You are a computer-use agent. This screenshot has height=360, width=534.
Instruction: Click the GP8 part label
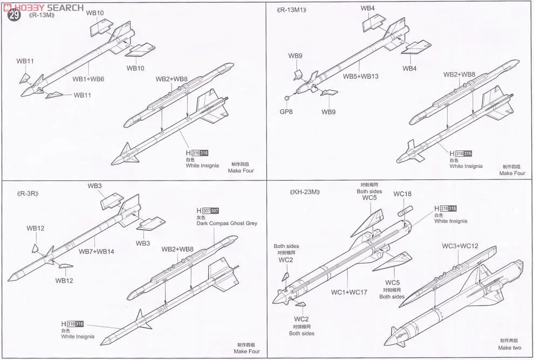[286, 112]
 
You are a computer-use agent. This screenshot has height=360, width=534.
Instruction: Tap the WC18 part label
[402, 194]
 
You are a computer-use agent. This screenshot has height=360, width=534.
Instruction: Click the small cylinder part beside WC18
[405, 210]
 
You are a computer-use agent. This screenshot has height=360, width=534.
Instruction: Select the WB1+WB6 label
[88, 79]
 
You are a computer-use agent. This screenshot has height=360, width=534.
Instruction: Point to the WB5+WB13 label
[361, 76]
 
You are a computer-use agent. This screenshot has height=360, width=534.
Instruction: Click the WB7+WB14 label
[96, 251]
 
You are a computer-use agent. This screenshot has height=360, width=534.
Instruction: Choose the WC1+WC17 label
[349, 292]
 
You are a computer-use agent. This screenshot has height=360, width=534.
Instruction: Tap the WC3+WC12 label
[460, 246]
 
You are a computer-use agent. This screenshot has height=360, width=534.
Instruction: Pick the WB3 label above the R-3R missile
[95, 186]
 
